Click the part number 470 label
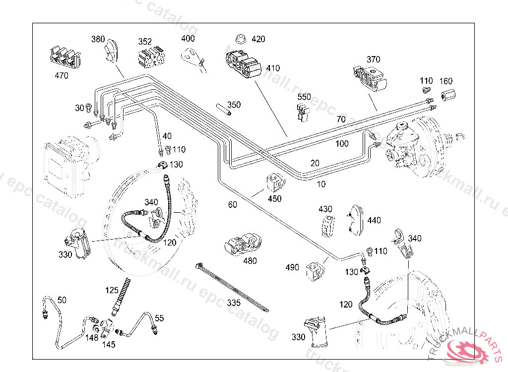pos(61,76)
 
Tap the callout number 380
pos(98,39)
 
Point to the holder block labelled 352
pos(151,57)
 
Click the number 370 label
pos(374,60)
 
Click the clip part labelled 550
pos(303,112)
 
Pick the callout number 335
pos(234,302)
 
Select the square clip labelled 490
pos(315,270)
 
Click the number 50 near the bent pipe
pos(62,300)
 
